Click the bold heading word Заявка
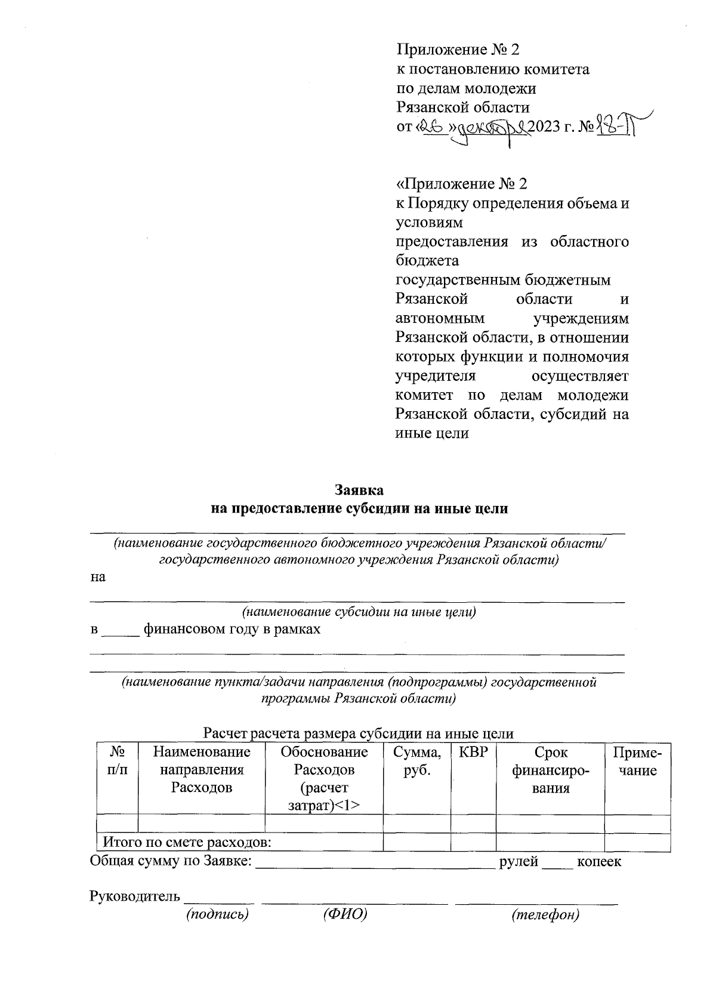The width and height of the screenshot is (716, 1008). (x=358, y=490)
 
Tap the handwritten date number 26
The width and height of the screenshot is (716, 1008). (x=431, y=127)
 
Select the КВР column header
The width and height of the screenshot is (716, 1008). (x=473, y=752)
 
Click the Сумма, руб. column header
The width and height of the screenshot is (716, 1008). (x=416, y=761)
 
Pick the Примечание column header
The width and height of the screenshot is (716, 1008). (x=637, y=761)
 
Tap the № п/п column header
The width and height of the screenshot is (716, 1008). (x=117, y=761)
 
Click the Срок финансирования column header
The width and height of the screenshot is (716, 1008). (x=550, y=770)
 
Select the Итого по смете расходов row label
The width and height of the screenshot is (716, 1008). (x=187, y=843)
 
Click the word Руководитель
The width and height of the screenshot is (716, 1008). (x=134, y=896)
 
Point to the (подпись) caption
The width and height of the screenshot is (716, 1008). (x=217, y=914)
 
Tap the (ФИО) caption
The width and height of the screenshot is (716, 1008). (x=344, y=914)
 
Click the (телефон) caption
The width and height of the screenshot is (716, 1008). (x=545, y=914)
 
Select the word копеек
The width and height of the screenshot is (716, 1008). (x=598, y=861)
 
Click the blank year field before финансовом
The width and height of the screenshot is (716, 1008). (x=121, y=630)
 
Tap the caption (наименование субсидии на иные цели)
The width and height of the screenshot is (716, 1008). (x=358, y=612)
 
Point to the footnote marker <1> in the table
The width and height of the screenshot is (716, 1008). (x=347, y=805)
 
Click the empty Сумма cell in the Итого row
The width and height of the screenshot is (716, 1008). (x=416, y=843)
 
